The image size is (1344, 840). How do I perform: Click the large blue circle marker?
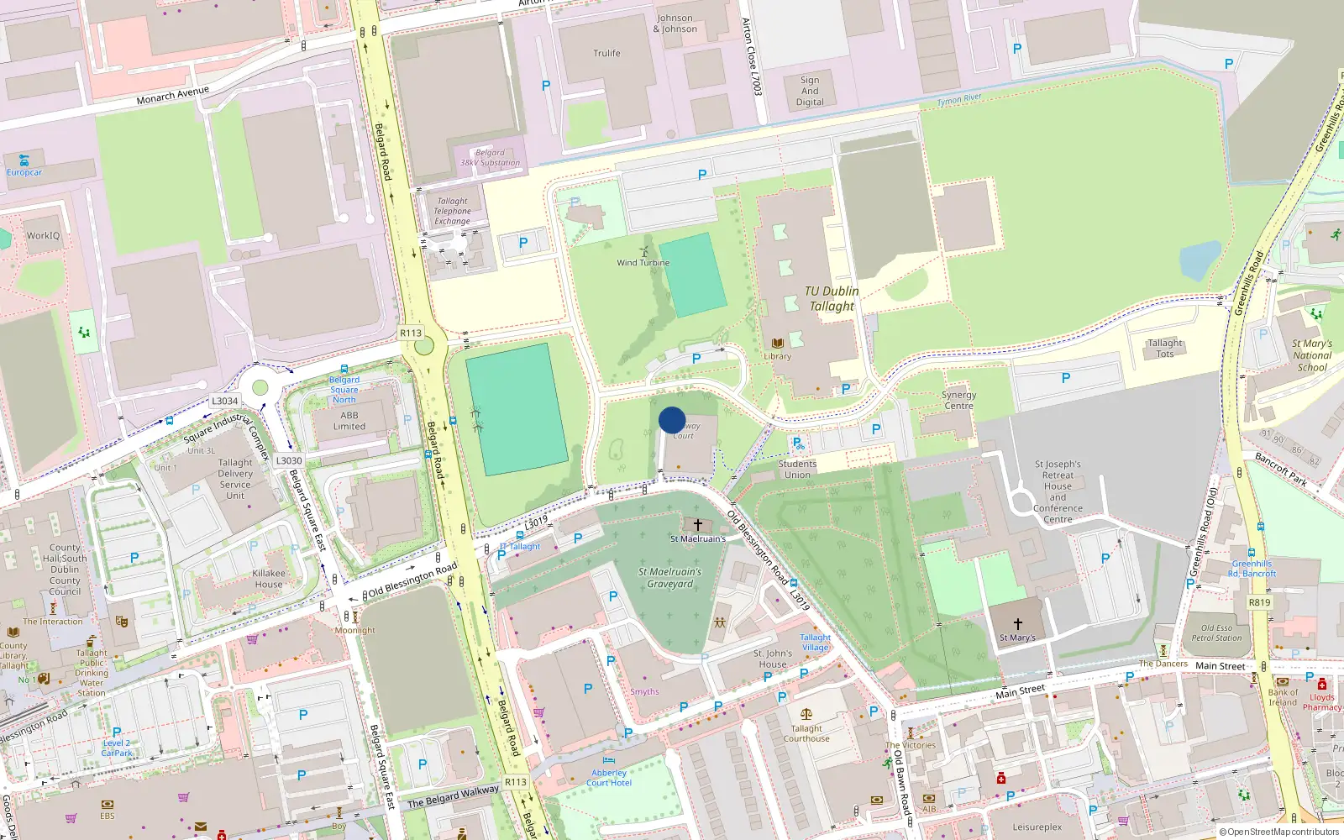coord(672,420)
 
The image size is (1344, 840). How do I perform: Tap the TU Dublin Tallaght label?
coord(832,299)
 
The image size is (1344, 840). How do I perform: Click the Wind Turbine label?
coord(643,263)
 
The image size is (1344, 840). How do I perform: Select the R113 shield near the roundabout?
coord(411,333)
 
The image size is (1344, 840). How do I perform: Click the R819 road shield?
coord(1259,602)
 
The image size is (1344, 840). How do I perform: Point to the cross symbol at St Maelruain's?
coord(697,525)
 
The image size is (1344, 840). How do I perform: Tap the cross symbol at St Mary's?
coord(1017,624)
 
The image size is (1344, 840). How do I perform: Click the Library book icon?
coord(778,344)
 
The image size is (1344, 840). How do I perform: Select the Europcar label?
coord(24,172)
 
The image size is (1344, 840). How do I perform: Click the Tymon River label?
coord(959,100)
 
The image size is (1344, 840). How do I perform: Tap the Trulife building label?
coord(606,53)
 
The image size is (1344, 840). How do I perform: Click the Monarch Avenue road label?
coord(172,95)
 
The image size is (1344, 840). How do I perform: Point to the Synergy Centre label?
coord(958,400)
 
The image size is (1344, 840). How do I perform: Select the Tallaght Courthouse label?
coord(806,734)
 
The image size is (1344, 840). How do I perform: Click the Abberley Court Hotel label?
coord(609,778)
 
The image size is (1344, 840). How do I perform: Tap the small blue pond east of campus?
coord(1200,260)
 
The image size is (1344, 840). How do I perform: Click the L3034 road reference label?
coord(225,402)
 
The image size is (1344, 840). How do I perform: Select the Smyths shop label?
coord(644,692)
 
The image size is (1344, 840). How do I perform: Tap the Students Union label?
coord(797,469)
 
